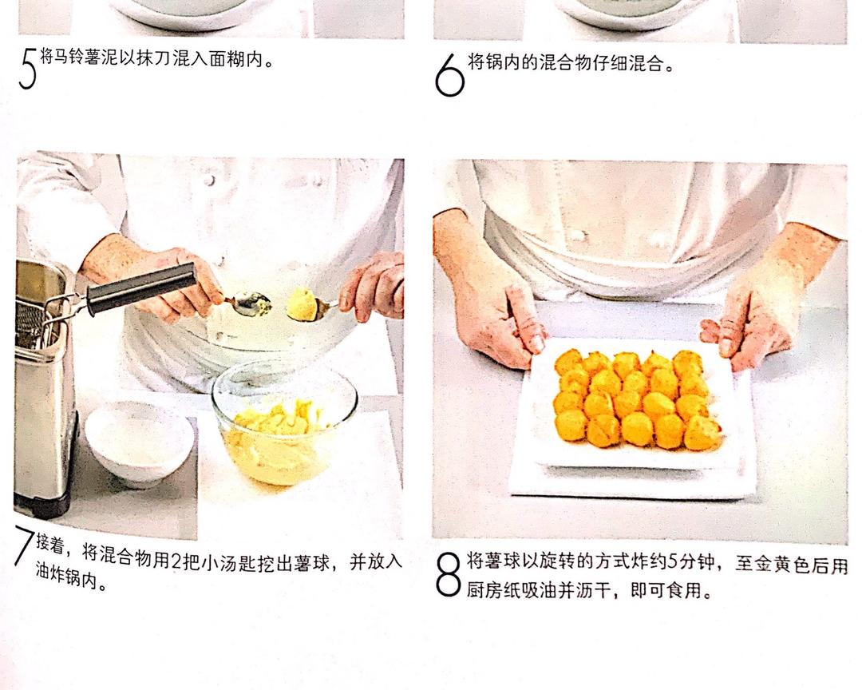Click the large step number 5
(27, 68)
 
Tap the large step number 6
(449, 75)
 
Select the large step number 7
(24, 545)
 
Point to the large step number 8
(448, 574)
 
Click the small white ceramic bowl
(139, 443)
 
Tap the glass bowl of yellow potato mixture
(284, 422)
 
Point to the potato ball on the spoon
(302, 304)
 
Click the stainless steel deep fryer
(43, 385)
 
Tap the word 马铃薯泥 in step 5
(82, 57)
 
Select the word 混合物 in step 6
(565, 63)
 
